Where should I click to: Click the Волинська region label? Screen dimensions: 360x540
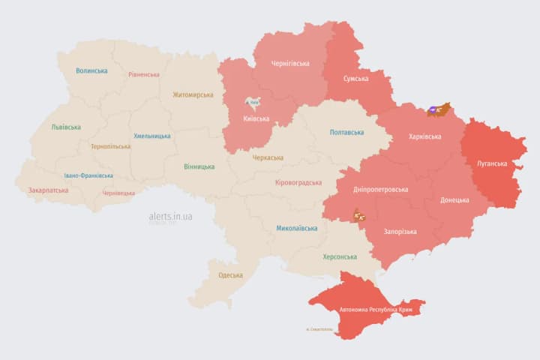pos(91,70)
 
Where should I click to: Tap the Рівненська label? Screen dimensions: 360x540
pos(143,74)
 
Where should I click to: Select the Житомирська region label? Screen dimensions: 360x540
pos(193,94)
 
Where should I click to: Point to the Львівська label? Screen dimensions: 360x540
pos(66,127)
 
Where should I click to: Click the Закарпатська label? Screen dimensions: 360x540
pos(48,190)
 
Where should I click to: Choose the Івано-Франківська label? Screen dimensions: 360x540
pos(88,175)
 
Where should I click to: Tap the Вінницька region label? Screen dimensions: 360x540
pos(199,166)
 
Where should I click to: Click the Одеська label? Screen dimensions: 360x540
pos(230,275)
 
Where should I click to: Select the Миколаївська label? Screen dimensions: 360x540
pos(296,227)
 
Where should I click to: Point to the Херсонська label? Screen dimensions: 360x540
pos(339,256)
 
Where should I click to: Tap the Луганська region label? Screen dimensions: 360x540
pos(491,163)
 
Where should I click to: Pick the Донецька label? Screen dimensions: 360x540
pos(454,199)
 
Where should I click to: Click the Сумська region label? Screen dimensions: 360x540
pos(355,78)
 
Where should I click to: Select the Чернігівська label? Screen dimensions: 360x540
pos(291,63)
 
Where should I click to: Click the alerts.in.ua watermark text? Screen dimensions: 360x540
pos(170,216)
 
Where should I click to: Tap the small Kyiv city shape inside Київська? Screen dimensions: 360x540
pos(253,103)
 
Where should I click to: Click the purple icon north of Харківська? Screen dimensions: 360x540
pos(433,110)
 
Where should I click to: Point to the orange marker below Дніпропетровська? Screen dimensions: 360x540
pos(358,216)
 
